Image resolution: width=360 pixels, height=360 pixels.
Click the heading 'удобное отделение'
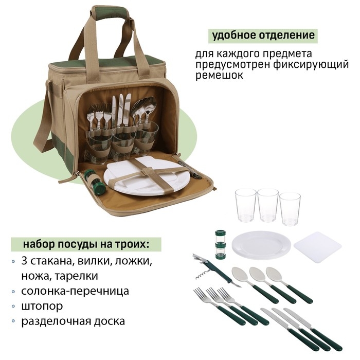(262, 36)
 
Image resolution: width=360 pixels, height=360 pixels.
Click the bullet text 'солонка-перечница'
(75, 291)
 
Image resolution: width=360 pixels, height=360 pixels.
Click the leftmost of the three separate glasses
(245, 205)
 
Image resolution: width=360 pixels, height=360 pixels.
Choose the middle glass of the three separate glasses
(267, 205)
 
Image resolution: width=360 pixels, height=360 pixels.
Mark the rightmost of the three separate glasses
(290, 208)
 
